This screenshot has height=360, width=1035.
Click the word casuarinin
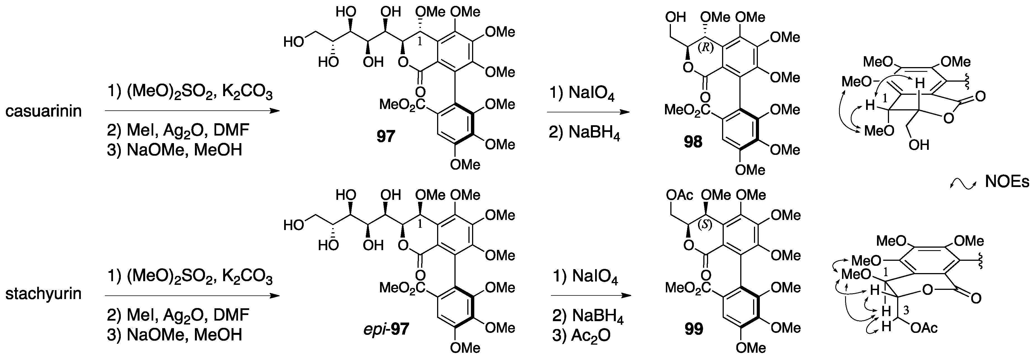[43, 111]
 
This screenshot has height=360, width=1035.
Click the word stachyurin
[43, 294]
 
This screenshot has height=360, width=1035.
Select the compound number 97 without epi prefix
[386, 137]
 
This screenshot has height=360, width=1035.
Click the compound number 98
[693, 142]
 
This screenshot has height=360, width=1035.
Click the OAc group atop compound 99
[679, 195]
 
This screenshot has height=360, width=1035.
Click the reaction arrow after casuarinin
[192, 110]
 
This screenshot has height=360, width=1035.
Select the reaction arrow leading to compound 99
[591, 296]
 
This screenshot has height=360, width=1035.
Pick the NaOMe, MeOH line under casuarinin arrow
[175, 150]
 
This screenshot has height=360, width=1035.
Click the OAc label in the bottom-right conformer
[924, 328]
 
